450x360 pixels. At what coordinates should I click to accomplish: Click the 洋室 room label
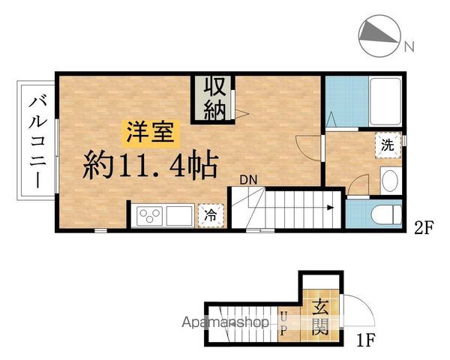(151, 133)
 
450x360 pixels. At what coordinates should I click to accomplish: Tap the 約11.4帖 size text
(151, 163)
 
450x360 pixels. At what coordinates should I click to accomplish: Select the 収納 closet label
(214, 98)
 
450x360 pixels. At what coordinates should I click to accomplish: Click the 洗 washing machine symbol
(388, 145)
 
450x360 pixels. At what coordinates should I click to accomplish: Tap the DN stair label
(248, 179)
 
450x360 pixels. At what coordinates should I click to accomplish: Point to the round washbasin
(389, 181)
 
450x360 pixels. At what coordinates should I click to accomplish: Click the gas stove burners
(150, 217)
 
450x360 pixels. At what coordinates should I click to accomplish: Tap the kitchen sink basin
(181, 216)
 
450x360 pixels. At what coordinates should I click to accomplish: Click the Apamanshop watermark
(228, 322)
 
